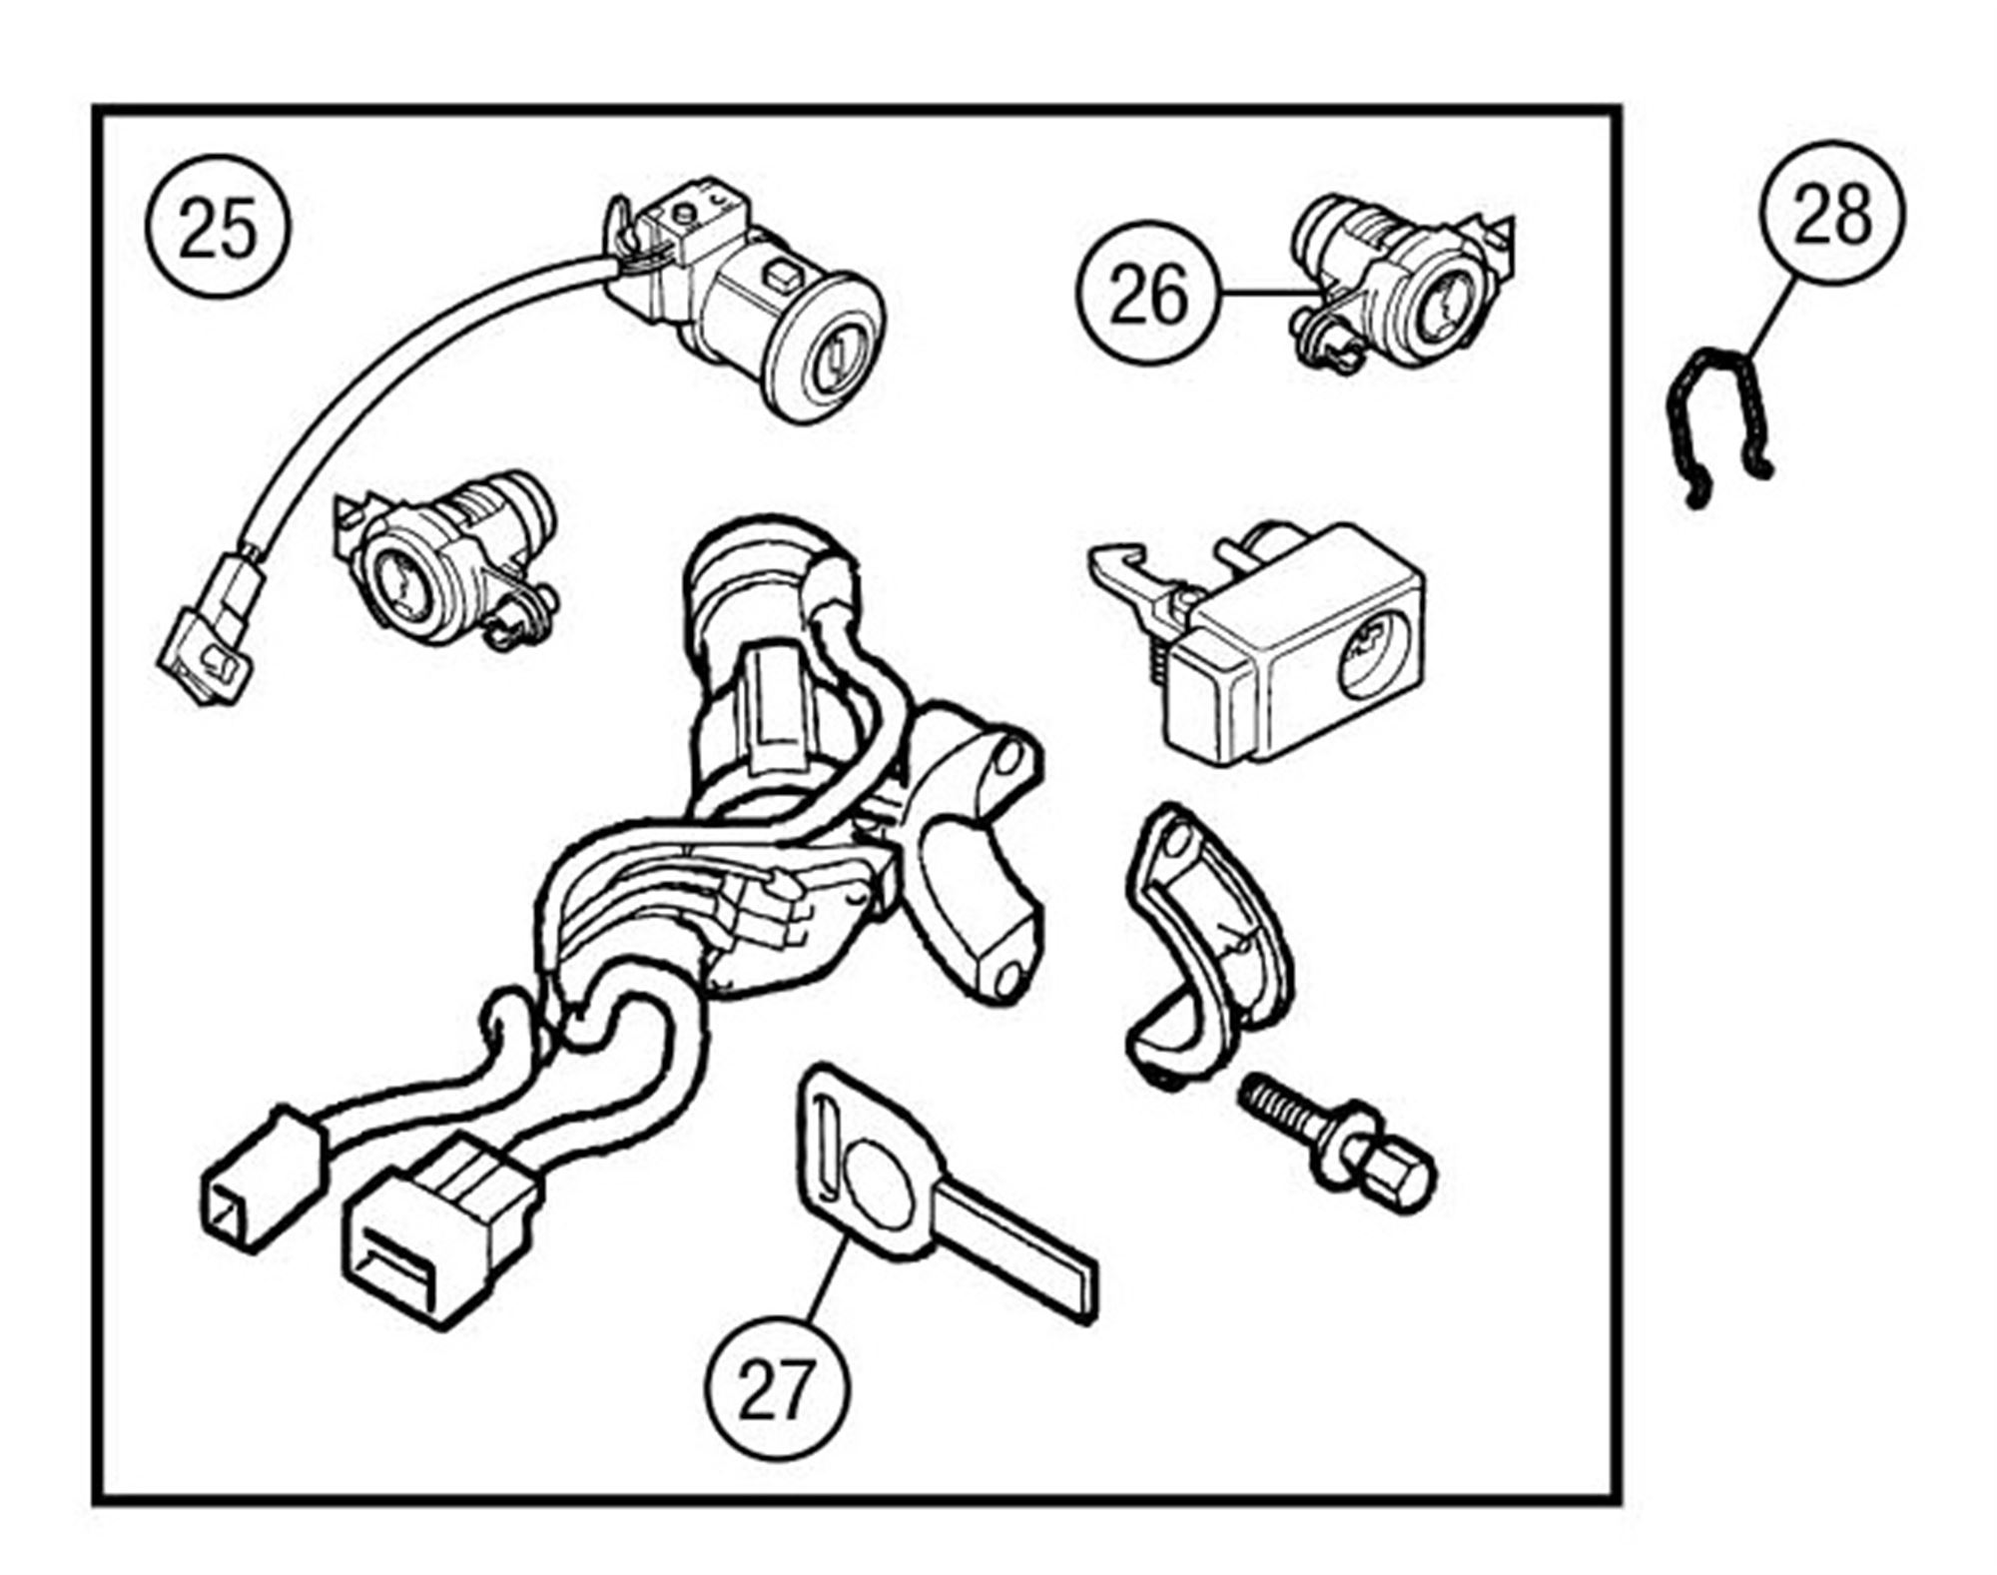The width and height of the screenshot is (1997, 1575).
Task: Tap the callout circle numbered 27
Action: coord(776,1391)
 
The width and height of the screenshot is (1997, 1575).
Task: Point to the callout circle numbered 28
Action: coord(1831,213)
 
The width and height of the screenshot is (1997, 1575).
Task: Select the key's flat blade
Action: coord(1018,1248)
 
